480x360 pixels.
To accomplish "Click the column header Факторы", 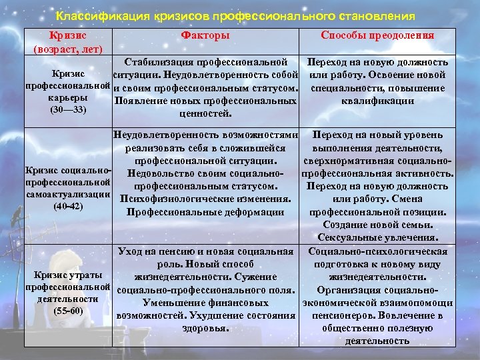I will [205, 36].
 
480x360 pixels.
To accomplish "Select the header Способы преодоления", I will [377, 36].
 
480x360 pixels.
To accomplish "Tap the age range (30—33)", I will [68, 109].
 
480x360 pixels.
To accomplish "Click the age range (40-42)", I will [68, 205].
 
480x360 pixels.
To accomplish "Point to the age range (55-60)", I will [68, 311].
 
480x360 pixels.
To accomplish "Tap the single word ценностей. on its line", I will [205, 113].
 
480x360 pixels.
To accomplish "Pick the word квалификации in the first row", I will [377, 101].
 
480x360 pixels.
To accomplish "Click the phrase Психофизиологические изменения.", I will [205, 199].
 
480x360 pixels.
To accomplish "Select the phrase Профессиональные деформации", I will [205, 212].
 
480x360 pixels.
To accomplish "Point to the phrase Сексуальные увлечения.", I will [377, 237].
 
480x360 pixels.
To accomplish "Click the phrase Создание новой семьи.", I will [377, 225].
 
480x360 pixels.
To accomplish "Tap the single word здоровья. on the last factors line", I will [205, 328].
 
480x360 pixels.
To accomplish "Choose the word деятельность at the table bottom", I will [377, 341].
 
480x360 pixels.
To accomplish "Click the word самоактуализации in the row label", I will [68, 193].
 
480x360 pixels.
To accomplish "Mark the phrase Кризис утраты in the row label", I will [68, 276].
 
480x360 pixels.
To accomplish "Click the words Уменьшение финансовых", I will [205, 303].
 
